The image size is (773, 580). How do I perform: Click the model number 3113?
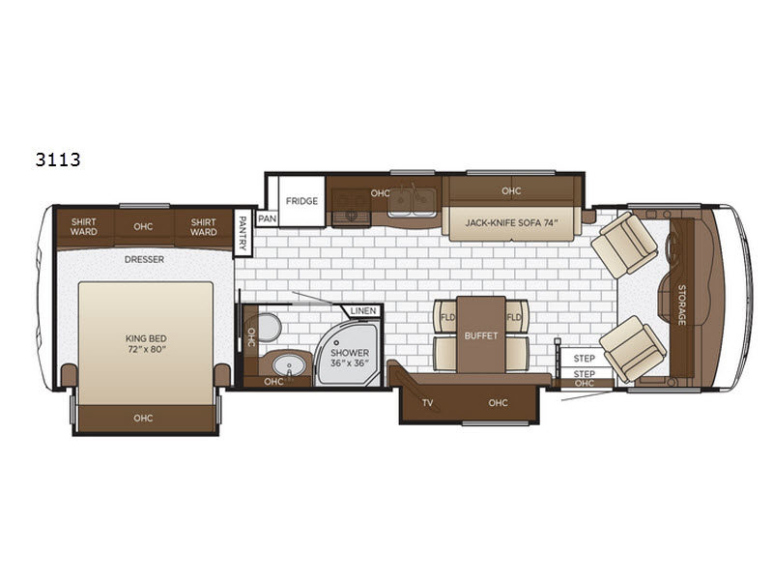coord(58,159)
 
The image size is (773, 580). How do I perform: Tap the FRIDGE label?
coord(301,201)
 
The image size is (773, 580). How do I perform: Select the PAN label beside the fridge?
coord(268,218)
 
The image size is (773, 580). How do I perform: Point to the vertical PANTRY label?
coord(243,232)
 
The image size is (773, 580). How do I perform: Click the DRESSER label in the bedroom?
coord(144,259)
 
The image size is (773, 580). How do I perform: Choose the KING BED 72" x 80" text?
coord(146,344)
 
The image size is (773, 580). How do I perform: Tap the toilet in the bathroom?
coord(269,327)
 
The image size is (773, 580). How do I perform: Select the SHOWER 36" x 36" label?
coord(350,358)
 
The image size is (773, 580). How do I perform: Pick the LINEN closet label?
coord(363,311)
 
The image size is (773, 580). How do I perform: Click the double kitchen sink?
coord(412,201)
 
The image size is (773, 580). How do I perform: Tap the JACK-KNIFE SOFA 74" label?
coord(511,223)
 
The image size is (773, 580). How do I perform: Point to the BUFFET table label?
coord(481,335)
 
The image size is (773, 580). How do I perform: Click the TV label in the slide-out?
coord(427,403)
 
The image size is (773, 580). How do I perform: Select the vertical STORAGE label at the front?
coord(682,304)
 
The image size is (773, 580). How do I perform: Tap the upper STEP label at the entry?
coord(585,359)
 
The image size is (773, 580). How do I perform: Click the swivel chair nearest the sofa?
coord(624,243)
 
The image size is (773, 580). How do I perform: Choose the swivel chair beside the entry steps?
coord(633,349)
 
